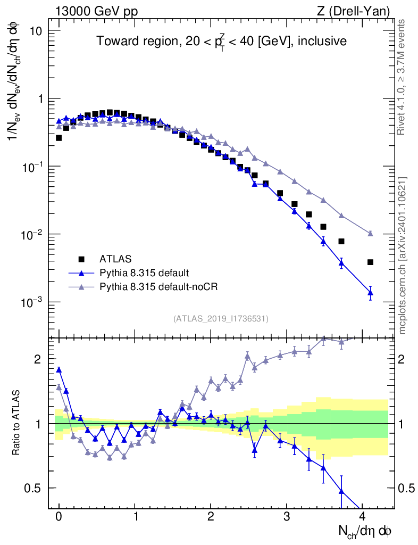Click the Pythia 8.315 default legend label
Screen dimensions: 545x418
coord(144,273)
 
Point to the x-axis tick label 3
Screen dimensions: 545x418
coord(287,516)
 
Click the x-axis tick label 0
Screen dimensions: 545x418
coord(58,516)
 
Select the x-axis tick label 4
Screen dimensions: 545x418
coord(363,516)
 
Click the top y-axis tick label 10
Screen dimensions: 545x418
coord(35,31)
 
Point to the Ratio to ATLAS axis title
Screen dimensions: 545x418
coord(17,424)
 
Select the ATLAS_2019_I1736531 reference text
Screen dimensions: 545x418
coord(221,319)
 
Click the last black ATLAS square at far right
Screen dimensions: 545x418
coord(370,262)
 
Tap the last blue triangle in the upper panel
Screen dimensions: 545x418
coord(370,293)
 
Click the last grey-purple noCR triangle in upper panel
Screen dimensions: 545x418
coord(370,234)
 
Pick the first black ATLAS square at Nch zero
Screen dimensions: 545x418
coord(58,138)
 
